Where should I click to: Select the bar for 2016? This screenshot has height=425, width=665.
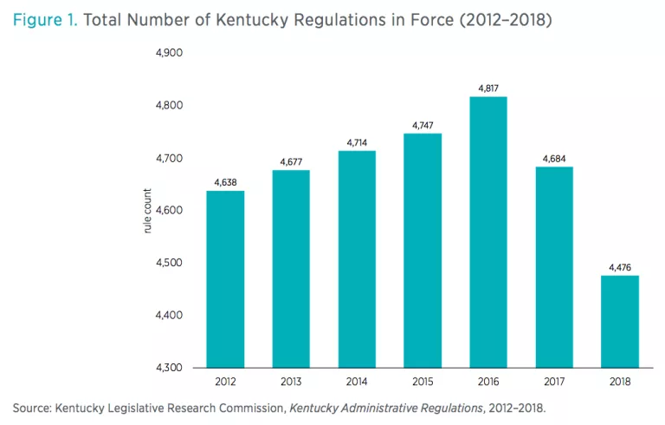coord(488,232)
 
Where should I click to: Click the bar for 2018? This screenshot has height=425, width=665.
coord(620,322)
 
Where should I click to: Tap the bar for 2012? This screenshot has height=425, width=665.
coord(225,279)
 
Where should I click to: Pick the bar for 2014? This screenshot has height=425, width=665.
coord(357,259)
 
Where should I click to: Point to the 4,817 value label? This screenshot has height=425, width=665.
coord(488,88)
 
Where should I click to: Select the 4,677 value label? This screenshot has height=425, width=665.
coord(291,161)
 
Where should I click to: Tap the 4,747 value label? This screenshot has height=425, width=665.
coord(423,125)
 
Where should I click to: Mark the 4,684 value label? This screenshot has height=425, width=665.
coord(554,158)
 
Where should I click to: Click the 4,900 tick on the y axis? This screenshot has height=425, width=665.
coord(168,53)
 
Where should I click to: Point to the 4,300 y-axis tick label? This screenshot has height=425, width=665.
coord(168,368)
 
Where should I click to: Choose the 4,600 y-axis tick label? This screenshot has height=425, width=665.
coord(168,210)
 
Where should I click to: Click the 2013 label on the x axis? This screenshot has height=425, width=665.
coord(291,382)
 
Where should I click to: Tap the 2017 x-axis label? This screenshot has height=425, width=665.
coord(554,382)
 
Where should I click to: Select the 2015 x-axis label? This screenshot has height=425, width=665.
coord(423,382)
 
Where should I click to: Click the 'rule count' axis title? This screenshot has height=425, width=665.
coord(148,211)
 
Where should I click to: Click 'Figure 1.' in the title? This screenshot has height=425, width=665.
coord(43,18)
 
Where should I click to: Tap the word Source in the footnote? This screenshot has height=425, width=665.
coord(31,407)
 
